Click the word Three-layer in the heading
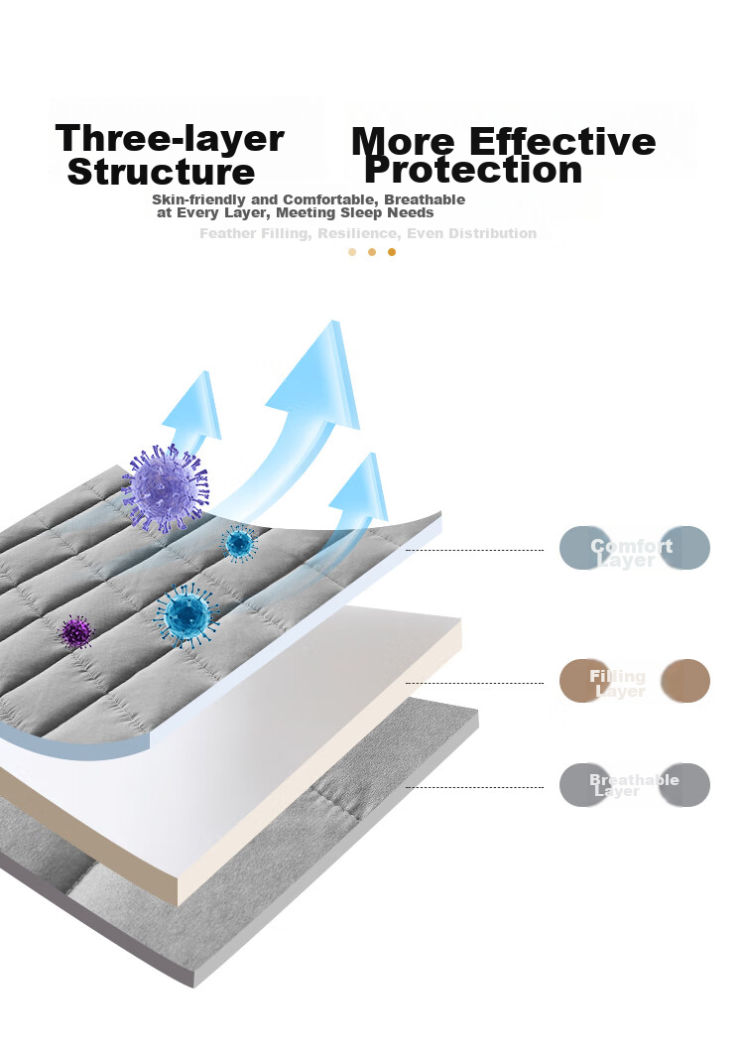(170, 138)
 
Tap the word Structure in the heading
(161, 172)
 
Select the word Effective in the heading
(562, 141)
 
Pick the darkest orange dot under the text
(392, 252)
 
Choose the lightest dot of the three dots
(352, 252)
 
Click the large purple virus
(165, 488)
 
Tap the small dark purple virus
(75, 631)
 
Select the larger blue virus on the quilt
(186, 615)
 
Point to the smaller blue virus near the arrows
(238, 543)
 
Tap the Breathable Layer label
(634, 785)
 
